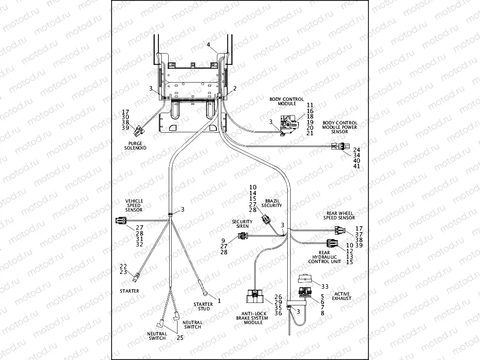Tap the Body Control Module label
[x=286, y=101]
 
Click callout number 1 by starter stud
[x=219, y=300]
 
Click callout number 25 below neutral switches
[x=180, y=338]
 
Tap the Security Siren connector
[x=242, y=236]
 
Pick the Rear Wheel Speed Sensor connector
[x=340, y=230]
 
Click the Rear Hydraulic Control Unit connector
[x=332, y=243]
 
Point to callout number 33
[x=324, y=286]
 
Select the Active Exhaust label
[x=341, y=296]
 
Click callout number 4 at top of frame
[x=209, y=45]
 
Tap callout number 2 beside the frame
[x=235, y=89]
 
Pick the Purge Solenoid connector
[x=139, y=130]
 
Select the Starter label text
[x=129, y=291]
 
